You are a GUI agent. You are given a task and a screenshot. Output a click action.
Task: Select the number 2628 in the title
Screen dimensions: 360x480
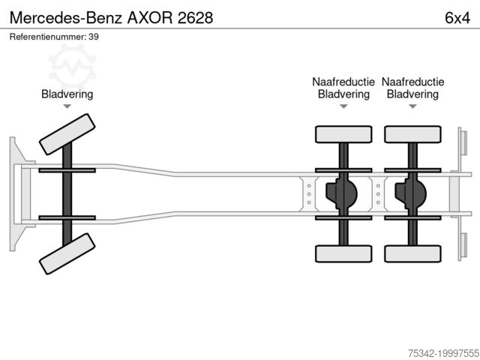tap(194, 16)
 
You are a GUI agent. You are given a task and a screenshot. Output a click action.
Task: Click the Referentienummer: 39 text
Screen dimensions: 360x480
tap(54, 36)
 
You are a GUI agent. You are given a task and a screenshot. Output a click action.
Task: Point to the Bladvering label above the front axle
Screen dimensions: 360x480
tap(67, 94)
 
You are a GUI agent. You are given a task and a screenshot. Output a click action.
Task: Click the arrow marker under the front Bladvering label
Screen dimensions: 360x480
tap(67, 106)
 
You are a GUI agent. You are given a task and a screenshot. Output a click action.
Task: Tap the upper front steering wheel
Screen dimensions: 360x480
tap(67, 133)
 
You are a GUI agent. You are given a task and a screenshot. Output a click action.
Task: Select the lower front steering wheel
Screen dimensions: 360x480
tap(67, 254)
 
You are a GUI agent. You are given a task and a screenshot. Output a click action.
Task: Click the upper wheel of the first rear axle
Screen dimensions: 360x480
tap(343, 134)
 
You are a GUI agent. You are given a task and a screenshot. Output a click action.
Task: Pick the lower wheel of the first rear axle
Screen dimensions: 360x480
tap(343, 253)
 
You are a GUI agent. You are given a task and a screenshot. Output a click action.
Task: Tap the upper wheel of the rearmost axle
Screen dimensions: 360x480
tap(412, 134)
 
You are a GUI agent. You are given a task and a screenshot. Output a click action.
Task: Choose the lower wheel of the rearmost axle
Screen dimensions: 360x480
tap(412, 253)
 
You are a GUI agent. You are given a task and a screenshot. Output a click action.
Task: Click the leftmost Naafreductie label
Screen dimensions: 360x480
tap(343, 82)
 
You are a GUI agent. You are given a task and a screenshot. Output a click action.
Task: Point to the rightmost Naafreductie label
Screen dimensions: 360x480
tap(412, 82)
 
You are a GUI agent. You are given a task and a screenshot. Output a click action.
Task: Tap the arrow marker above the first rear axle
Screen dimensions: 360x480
tap(343, 106)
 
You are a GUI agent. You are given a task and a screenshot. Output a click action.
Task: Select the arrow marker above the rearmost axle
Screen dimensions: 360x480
tap(412, 106)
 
